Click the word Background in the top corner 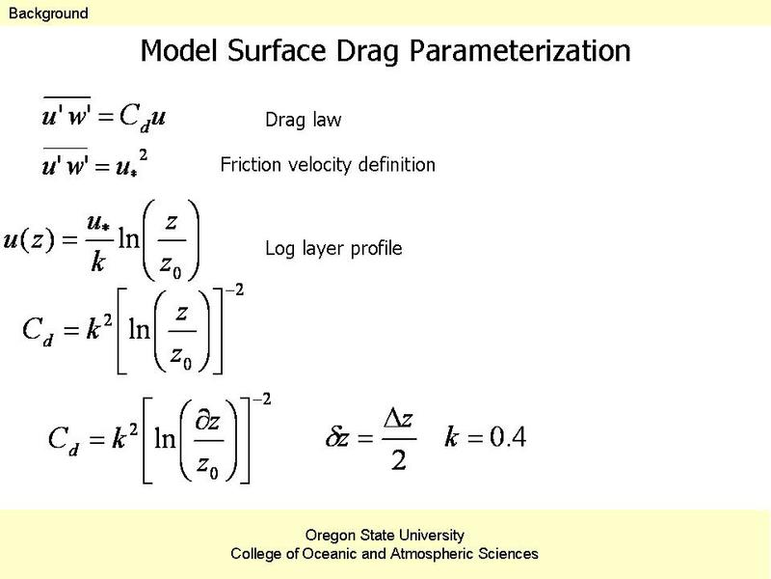(x=48, y=14)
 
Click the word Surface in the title (x=277, y=50)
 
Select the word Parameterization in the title (x=520, y=51)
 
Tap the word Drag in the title (x=368, y=51)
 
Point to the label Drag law (x=303, y=120)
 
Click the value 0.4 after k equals (x=509, y=436)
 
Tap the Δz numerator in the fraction (x=398, y=419)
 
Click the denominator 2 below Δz (x=399, y=460)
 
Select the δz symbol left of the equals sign (x=337, y=437)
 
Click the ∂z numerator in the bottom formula (x=207, y=422)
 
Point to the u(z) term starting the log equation (x=29, y=240)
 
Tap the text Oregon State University (x=385, y=535)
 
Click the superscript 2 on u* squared (x=143, y=155)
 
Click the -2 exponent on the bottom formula (x=261, y=400)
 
